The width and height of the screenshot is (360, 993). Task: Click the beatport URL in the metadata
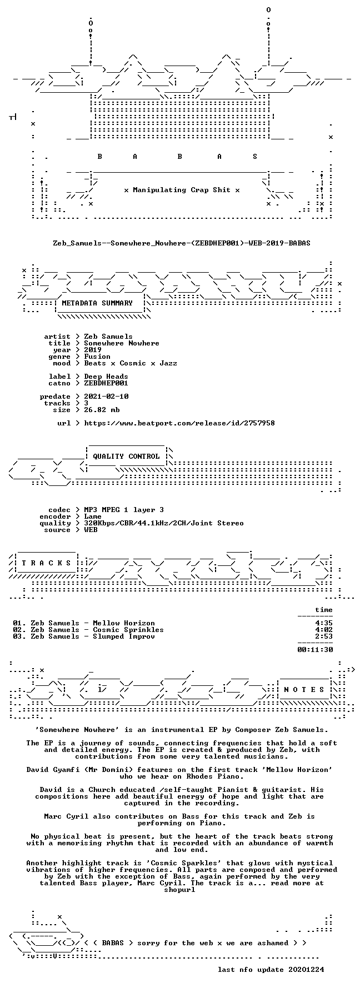[179, 423]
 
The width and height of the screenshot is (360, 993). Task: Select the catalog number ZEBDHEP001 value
[106, 383]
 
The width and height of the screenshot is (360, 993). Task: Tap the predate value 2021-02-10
[106, 397]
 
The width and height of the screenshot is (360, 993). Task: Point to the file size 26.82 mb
[102, 410]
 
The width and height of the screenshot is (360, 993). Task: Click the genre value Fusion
[97, 357]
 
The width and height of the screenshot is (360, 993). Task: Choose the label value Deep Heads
[106, 377]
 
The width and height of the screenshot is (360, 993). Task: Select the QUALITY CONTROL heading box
[126, 457]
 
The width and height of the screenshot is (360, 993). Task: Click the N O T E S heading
[304, 690]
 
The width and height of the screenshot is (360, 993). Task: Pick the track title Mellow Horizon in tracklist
[124, 623]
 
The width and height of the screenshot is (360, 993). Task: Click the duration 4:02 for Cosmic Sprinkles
[324, 630]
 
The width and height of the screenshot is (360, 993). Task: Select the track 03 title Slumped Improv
[124, 636]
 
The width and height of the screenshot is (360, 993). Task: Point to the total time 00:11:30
[315, 649]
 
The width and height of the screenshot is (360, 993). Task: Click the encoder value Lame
[93, 516]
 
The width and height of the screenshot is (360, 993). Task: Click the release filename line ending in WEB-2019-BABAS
[182, 243]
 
